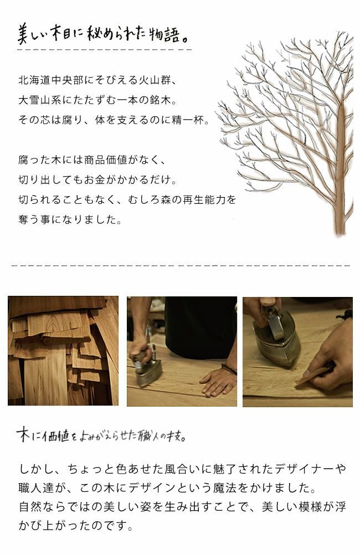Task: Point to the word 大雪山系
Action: point(39,100)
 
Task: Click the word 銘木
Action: point(166,100)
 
